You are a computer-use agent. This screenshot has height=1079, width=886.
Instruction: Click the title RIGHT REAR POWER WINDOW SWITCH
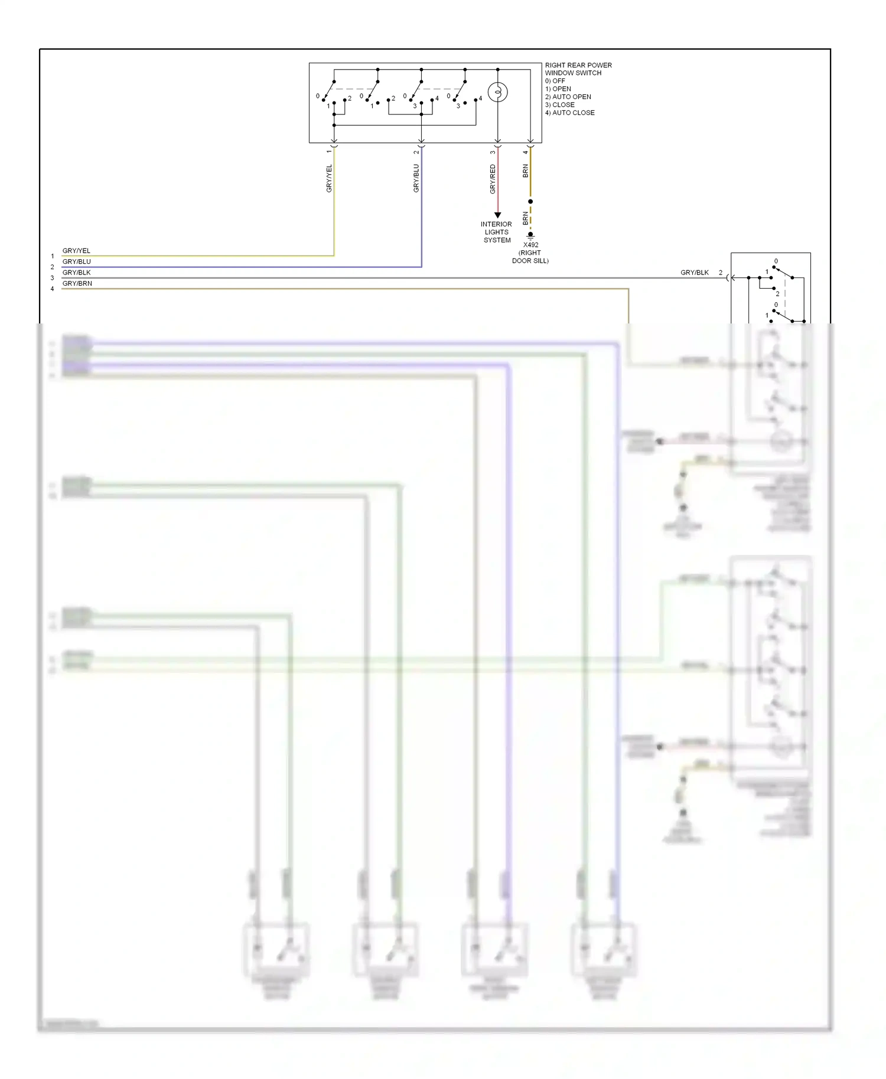tap(578, 69)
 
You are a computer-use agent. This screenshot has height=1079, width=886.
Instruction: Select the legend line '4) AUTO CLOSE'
tap(569, 113)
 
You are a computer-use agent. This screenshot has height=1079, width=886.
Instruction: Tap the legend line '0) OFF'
tap(555, 81)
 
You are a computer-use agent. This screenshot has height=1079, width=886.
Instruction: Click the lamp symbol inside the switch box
tap(498, 93)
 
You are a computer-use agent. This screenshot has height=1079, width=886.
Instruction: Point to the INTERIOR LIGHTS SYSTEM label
tap(496, 232)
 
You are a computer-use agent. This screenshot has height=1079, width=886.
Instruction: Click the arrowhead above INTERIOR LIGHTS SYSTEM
tap(498, 215)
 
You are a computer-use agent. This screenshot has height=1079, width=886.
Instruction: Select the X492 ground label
tap(530, 245)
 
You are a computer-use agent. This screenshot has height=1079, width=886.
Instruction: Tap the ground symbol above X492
tap(530, 235)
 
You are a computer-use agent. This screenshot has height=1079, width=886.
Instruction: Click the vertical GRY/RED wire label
tap(493, 179)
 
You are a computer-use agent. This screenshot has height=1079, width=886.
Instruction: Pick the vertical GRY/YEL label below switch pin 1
tap(329, 178)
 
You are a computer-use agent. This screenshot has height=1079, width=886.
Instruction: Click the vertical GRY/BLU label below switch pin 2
tap(416, 178)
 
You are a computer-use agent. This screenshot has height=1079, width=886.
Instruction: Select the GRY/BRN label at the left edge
tap(77, 283)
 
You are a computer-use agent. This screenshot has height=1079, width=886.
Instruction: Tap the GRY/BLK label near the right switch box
tap(694, 273)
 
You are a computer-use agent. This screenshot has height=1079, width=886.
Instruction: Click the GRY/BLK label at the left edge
tap(77, 273)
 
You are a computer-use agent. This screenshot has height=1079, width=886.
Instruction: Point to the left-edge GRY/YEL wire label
tap(76, 251)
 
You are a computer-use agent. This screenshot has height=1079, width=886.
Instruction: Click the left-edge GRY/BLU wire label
tap(77, 261)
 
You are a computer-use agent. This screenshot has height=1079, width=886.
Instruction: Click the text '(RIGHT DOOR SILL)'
tap(530, 257)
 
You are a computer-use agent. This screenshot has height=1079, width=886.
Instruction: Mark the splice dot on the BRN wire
tap(530, 202)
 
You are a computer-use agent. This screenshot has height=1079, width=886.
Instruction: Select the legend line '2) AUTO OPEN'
tap(568, 97)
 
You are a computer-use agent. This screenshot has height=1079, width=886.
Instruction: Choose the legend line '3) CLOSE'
tap(559, 104)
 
